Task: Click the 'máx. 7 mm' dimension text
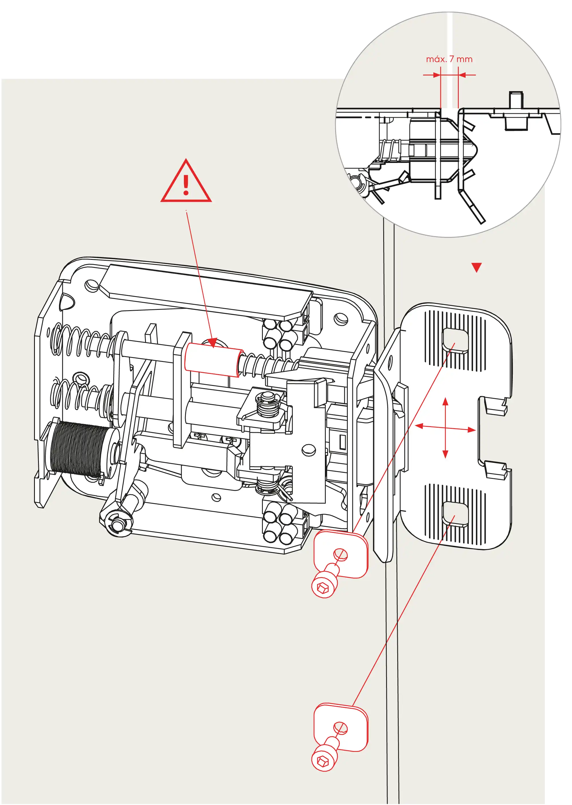click(x=449, y=59)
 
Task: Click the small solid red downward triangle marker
click(x=476, y=268)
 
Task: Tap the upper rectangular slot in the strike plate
click(x=455, y=341)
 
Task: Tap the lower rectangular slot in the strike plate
click(x=455, y=515)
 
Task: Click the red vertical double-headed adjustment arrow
click(x=445, y=428)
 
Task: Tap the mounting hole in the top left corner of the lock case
click(x=92, y=285)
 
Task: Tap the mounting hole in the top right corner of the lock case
click(x=340, y=318)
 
